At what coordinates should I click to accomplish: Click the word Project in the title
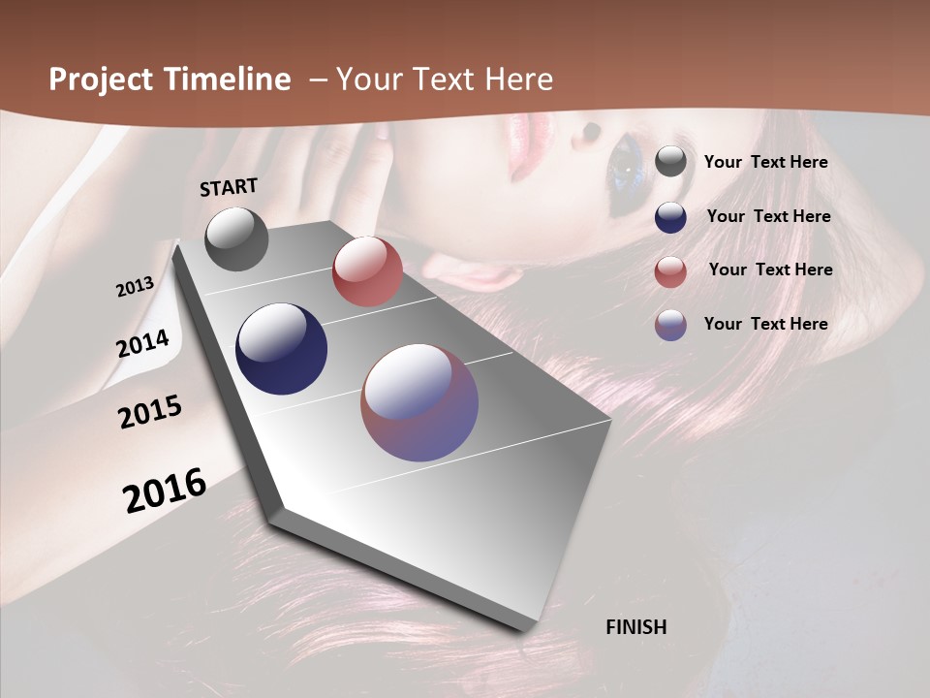(x=102, y=79)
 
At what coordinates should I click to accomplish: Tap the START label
(x=229, y=187)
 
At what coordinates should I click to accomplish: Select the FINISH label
(x=636, y=627)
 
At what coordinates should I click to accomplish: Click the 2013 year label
(x=135, y=287)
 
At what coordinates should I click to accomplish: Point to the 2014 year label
(x=142, y=343)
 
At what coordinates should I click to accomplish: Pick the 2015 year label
(x=150, y=412)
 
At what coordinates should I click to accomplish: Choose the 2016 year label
(x=165, y=491)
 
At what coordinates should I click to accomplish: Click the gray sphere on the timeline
(x=236, y=238)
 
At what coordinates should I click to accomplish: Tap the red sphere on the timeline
(x=367, y=270)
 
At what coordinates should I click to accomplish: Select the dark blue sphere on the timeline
(x=281, y=349)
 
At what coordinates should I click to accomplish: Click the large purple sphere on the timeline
(x=419, y=402)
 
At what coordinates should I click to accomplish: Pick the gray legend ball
(x=670, y=162)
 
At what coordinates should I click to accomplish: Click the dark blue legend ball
(x=670, y=217)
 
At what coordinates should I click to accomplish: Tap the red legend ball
(x=670, y=271)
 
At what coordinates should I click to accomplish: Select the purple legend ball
(x=670, y=325)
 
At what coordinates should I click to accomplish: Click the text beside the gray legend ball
(x=765, y=162)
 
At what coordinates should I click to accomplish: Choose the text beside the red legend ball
(x=770, y=270)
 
